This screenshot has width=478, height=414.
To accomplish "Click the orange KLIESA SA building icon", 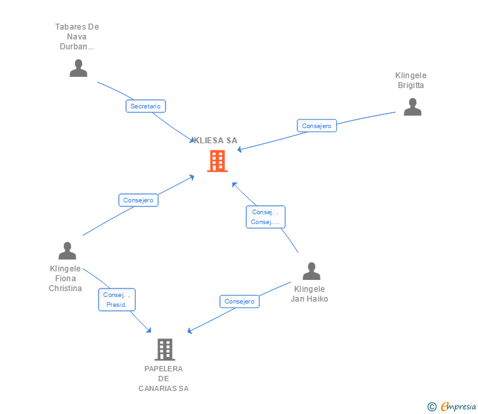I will [x=217, y=160].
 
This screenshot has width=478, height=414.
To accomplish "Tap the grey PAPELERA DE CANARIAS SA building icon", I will [x=164, y=349].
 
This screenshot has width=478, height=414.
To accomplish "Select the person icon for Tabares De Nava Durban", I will [x=78, y=68].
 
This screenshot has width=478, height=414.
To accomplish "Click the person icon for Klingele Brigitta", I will [x=412, y=107].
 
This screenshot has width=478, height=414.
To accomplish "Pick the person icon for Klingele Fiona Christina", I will [x=67, y=251].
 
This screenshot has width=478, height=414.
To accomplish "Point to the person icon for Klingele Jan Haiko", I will [x=311, y=271].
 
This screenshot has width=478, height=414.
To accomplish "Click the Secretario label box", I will [x=146, y=106].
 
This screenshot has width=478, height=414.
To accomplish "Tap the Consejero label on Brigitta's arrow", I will [x=317, y=126].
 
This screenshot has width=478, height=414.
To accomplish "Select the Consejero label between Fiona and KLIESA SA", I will [x=138, y=200].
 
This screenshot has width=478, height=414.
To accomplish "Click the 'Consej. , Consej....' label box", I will [x=265, y=217].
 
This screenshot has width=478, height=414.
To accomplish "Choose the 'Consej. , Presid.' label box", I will [x=118, y=300].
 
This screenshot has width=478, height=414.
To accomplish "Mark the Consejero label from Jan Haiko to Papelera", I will [x=239, y=302].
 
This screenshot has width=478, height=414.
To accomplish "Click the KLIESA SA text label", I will [x=215, y=140].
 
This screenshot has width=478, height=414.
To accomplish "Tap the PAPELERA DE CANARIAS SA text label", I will [x=163, y=379].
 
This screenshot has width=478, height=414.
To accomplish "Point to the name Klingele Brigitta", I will [x=411, y=80].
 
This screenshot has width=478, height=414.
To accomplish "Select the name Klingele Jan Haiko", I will [x=309, y=294].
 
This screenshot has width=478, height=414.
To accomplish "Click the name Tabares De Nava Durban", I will [x=77, y=37].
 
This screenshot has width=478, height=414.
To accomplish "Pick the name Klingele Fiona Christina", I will [x=65, y=278].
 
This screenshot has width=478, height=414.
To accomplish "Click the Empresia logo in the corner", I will [x=458, y=406].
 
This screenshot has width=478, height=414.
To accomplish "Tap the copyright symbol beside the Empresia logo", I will [x=432, y=407].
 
